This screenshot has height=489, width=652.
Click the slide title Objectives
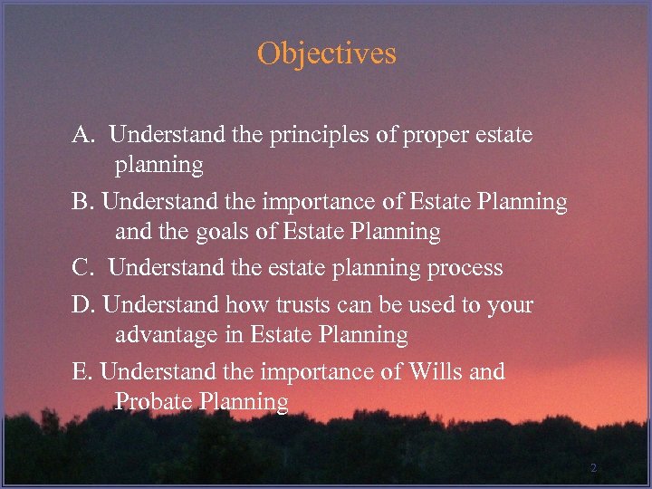[x=326, y=53]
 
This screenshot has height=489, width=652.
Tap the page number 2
[x=593, y=468]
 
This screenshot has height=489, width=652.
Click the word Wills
[x=436, y=372]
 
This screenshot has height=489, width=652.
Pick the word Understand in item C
[x=164, y=269]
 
